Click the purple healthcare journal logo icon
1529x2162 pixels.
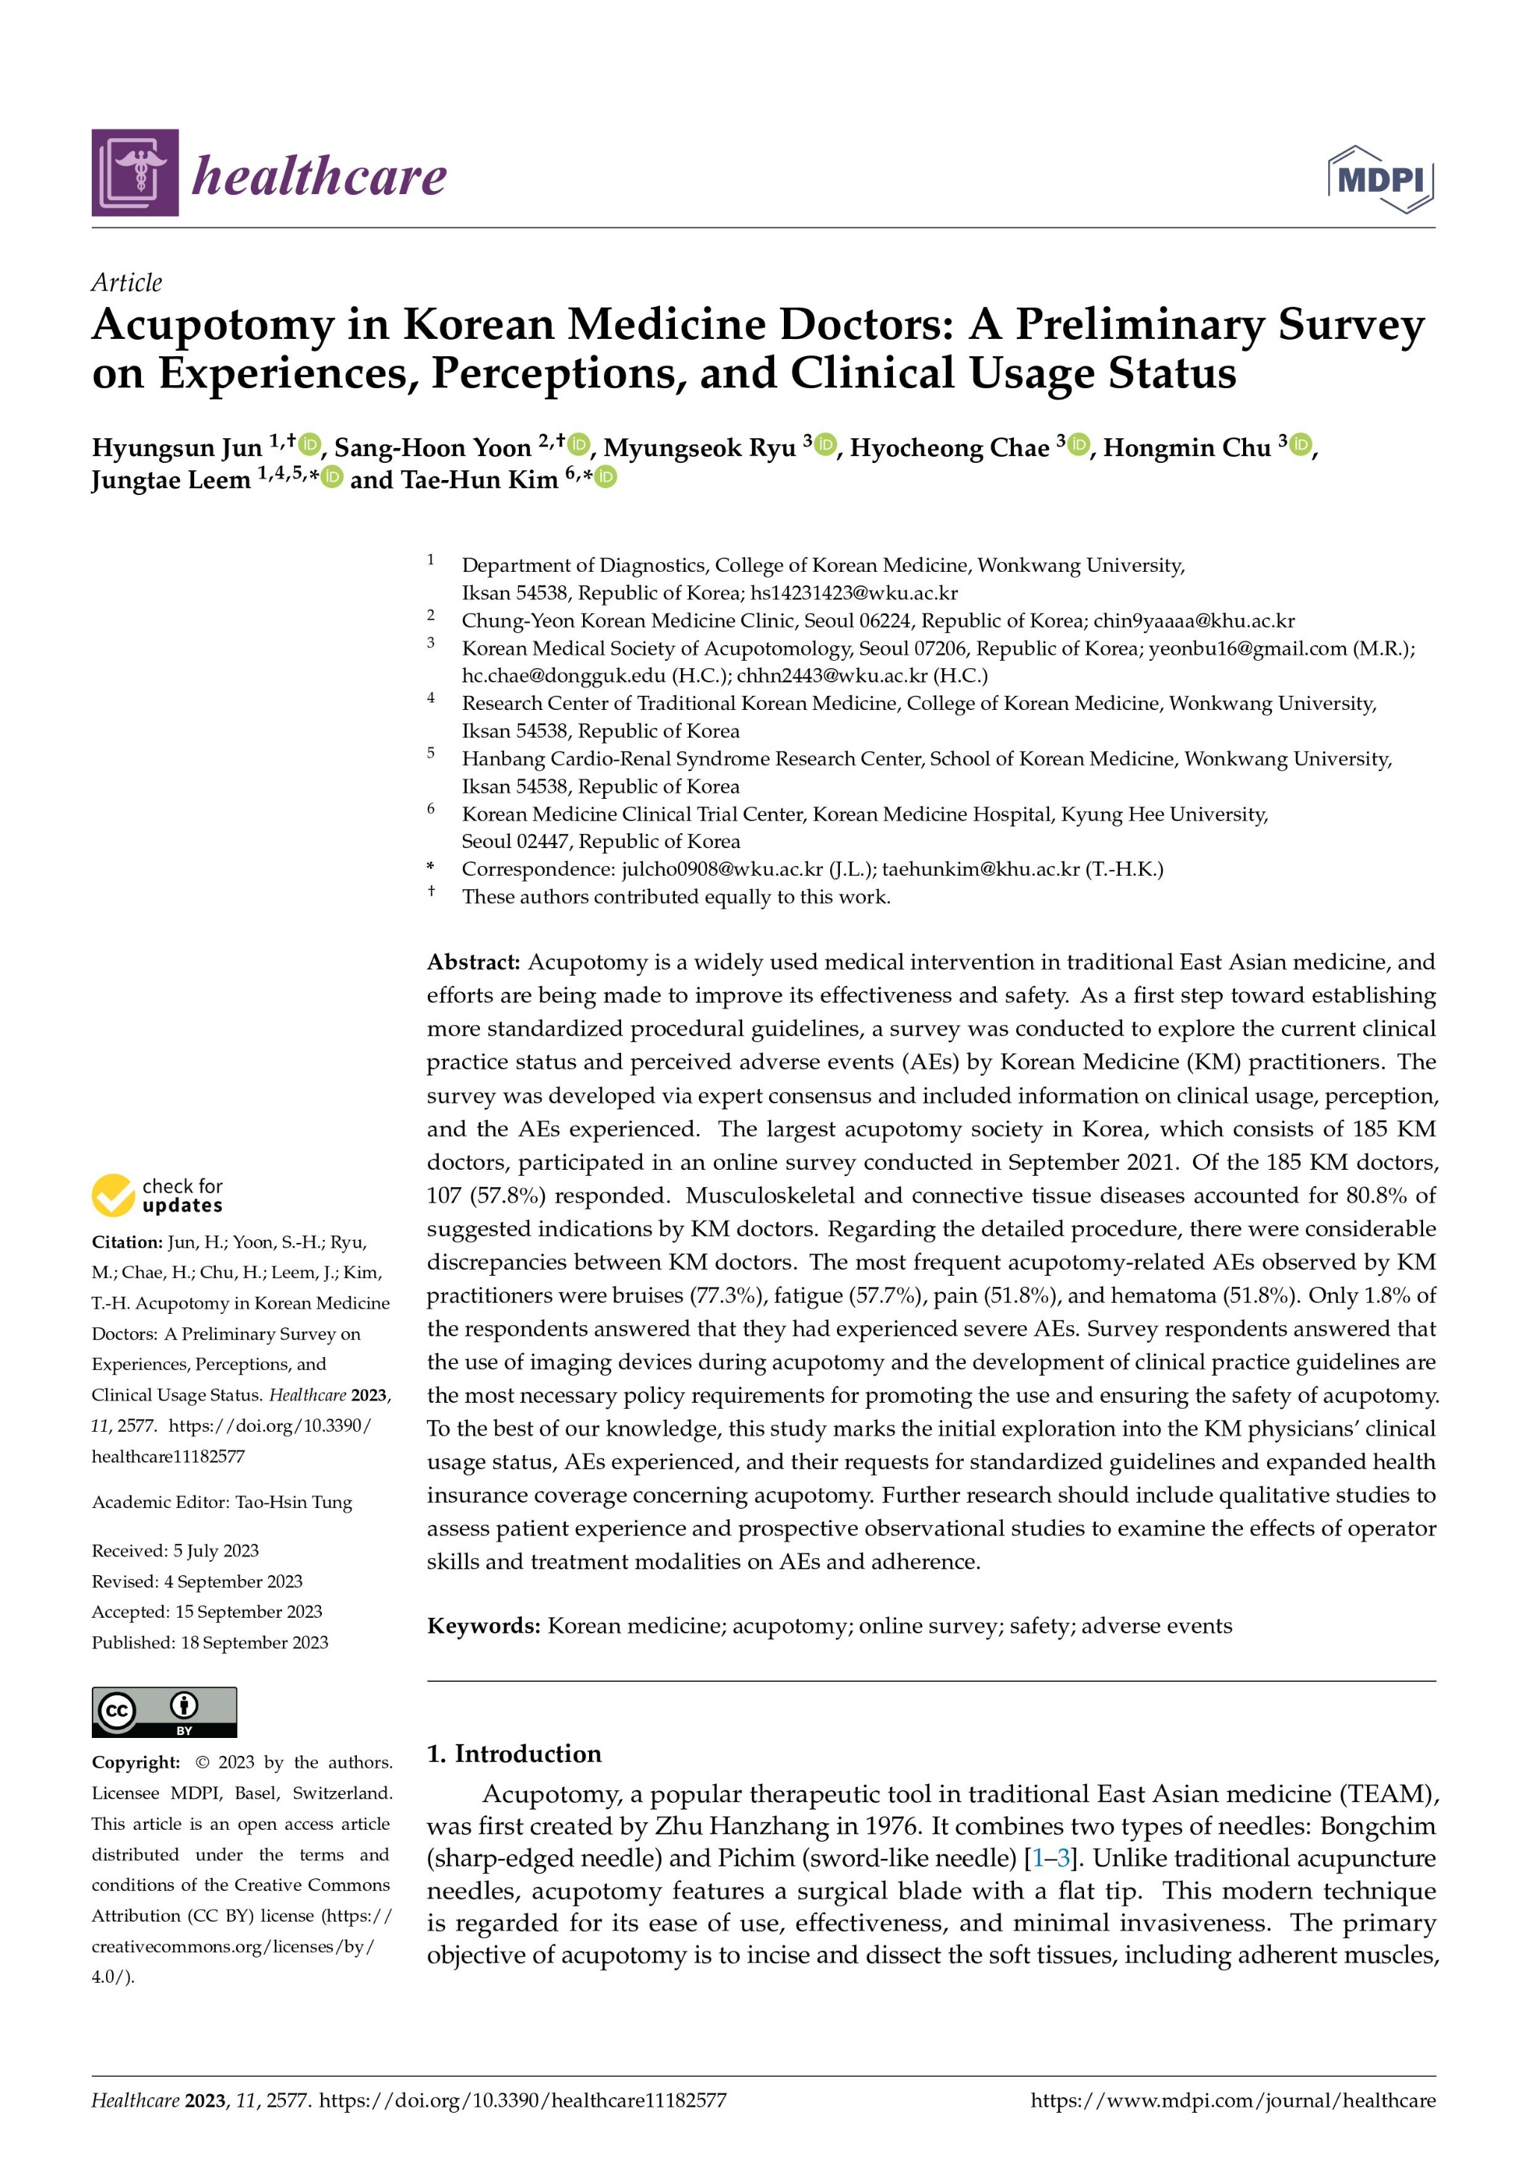pyautogui.click(x=134, y=172)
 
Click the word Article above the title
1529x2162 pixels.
pyautogui.click(x=126, y=282)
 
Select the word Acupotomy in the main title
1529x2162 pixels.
pyautogui.click(x=213, y=325)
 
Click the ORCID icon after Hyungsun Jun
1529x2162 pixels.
pyautogui.click(x=310, y=444)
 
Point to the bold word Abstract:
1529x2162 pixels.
pyautogui.click(x=473, y=962)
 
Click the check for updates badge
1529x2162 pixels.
pyautogui.click(x=158, y=1195)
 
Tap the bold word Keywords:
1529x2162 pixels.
pyautogui.click(x=483, y=1626)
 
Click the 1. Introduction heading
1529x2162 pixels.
pyautogui.click(x=514, y=1754)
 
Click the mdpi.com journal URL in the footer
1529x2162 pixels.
pyautogui.click(x=1233, y=2101)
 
